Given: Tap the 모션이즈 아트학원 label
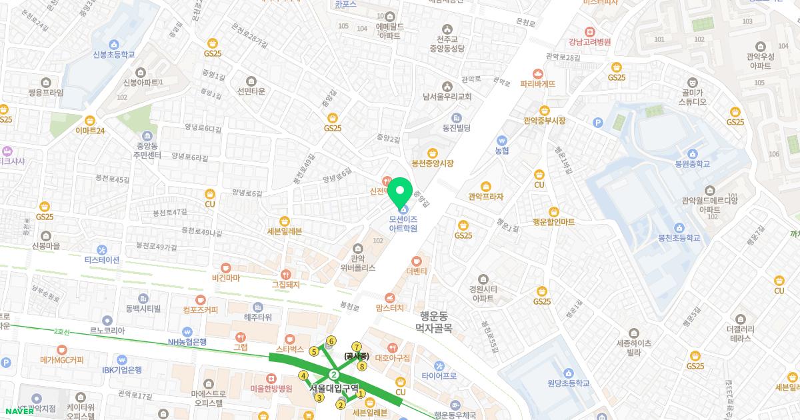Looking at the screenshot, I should pyautogui.click(x=403, y=223).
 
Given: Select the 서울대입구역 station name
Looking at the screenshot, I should pyautogui.click(x=334, y=387).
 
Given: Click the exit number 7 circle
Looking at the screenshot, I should pyautogui.click(x=357, y=347).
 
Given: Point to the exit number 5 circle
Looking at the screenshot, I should pyautogui.click(x=314, y=351).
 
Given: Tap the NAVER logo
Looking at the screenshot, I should pyautogui.click(x=19, y=411).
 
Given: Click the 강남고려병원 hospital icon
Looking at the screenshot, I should pyautogui.click(x=589, y=31).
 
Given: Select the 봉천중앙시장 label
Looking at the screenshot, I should pyautogui.click(x=432, y=163).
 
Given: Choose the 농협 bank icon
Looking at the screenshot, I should pyautogui.click(x=501, y=141).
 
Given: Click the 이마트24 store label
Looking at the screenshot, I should pyautogui.click(x=90, y=131).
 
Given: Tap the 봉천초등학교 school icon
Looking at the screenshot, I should pyautogui.click(x=679, y=227).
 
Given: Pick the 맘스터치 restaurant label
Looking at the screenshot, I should pyautogui.click(x=390, y=308).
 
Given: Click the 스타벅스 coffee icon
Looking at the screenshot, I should pyautogui.click(x=290, y=339).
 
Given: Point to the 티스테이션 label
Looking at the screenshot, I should pyautogui.click(x=102, y=260).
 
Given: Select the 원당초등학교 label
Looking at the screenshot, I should pyautogui.click(x=568, y=383).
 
